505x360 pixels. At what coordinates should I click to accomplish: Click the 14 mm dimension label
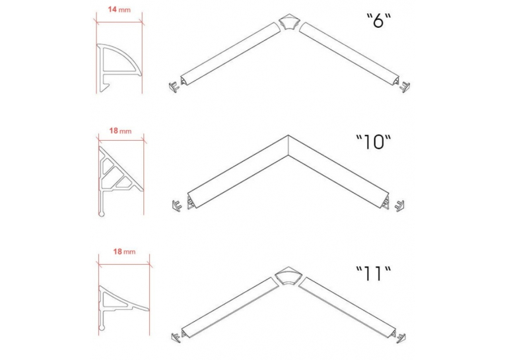pyautogui.click(x=119, y=9)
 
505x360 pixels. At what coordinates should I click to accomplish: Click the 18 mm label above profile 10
pyautogui.click(x=120, y=131)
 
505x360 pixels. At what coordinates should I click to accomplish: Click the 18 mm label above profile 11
pyautogui.click(x=124, y=252)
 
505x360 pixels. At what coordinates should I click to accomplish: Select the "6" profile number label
pyautogui.click(x=379, y=20)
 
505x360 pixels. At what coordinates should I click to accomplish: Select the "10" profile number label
pyautogui.click(x=373, y=142)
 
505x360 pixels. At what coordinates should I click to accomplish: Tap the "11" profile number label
pyautogui.click(x=373, y=273)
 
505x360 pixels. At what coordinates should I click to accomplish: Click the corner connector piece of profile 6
pyautogui.click(x=289, y=22)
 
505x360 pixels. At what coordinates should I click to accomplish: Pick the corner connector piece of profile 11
pyautogui.click(x=288, y=276)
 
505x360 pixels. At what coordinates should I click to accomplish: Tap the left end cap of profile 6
pyautogui.click(x=174, y=87)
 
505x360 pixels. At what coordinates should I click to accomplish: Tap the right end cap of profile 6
pyautogui.click(x=405, y=87)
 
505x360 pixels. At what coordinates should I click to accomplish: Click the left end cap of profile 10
pyautogui.click(x=176, y=205)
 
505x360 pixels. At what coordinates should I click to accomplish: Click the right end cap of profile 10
pyautogui.click(x=399, y=205)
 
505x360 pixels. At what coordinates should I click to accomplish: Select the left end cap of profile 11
pyautogui.click(x=175, y=337)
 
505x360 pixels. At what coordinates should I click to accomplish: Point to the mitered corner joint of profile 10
pyautogui.click(x=288, y=145)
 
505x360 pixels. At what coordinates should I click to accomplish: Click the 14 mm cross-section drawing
pyautogui.click(x=119, y=67)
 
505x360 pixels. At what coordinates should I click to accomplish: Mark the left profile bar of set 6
pyautogui.click(x=230, y=54)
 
